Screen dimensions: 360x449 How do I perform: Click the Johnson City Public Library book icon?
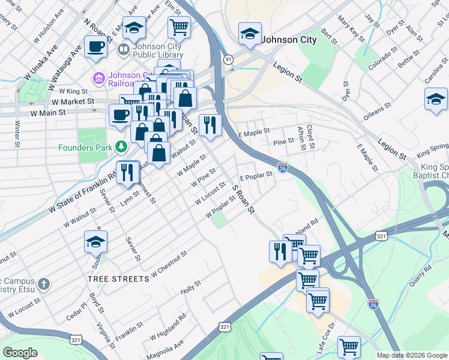pyautogui.click(x=124, y=49)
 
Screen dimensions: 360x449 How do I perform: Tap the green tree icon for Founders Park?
pyautogui.click(x=122, y=146)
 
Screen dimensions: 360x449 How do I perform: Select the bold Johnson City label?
pyautogui.click(x=288, y=40)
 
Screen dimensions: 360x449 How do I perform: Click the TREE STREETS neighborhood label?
pyautogui.click(x=118, y=279)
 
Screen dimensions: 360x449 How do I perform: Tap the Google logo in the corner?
pyautogui.click(x=20, y=353)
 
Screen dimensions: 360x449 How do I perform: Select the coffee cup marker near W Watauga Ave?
pyautogui.click(x=95, y=47)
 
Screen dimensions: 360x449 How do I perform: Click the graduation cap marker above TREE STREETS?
pyautogui.click(x=95, y=242)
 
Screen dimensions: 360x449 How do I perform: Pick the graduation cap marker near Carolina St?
pyautogui.click(x=436, y=99)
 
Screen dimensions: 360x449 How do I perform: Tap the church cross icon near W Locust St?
pyautogui.click(x=43, y=283)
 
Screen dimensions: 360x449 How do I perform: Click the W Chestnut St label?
pyautogui.click(x=169, y=264)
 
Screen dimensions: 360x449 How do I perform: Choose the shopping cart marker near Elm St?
pyautogui.click(x=179, y=27)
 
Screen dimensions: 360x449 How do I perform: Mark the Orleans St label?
pyautogui.click(x=378, y=112)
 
